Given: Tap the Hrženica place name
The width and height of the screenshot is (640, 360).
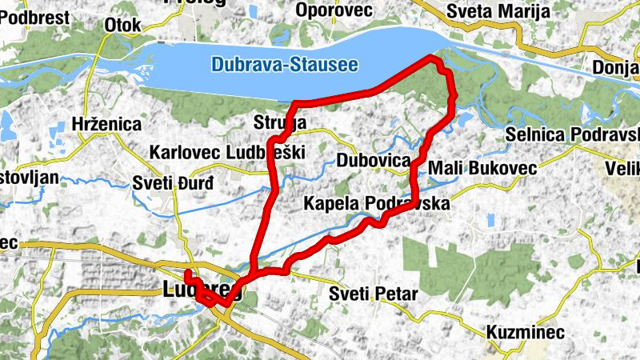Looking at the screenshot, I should click(106, 125).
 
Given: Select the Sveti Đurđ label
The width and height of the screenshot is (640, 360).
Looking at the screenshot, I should click(173, 183).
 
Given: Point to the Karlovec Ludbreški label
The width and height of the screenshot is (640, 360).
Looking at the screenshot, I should click(226, 152).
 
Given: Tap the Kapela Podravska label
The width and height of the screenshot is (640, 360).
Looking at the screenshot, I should click(376, 205).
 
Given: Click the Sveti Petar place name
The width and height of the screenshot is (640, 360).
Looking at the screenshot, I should click(374, 294).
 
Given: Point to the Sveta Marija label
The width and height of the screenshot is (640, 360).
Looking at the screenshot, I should click(498, 11).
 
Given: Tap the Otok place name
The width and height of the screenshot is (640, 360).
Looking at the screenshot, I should click(122, 26).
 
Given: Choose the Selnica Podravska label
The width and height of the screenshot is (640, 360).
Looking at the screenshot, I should click(573, 134).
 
